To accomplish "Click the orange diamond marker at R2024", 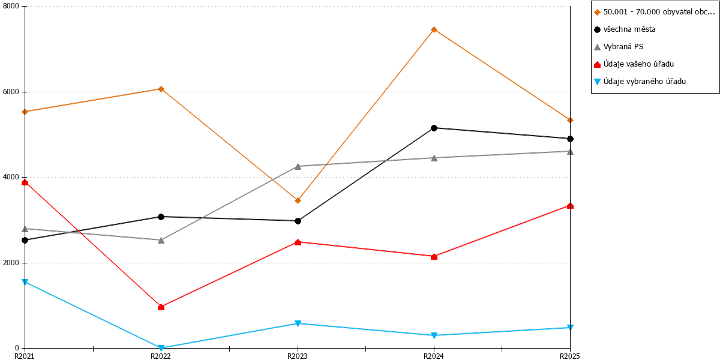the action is (434, 30).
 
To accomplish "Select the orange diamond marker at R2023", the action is (298, 201).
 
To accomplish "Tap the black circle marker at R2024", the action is (434, 128).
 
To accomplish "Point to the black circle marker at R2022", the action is (161, 217).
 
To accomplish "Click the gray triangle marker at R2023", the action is (298, 167).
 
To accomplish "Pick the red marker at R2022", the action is (161, 307).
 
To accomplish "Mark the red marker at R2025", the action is (570, 206).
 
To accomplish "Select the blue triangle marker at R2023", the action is (298, 323).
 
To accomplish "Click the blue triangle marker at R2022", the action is (161, 348).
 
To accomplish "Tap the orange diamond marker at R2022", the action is (161, 89).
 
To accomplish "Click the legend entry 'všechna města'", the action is (629, 29).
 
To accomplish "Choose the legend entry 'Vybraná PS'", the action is (623, 47).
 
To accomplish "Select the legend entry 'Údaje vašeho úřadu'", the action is (638, 64).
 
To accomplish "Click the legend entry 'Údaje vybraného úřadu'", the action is (644, 82).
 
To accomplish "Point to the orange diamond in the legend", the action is (597, 12).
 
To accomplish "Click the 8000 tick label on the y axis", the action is (11, 6).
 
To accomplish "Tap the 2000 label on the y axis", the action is (11, 263).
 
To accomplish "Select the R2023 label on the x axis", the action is (298, 356).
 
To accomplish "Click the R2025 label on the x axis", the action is (570, 356).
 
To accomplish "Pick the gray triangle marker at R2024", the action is (434, 158).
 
